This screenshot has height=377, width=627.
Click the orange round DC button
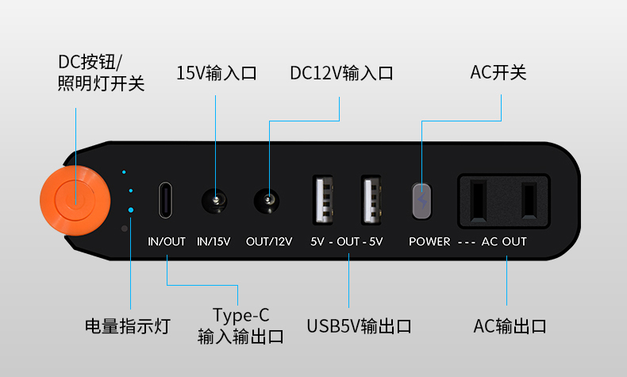click(75, 200)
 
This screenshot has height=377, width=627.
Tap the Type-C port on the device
click(166, 200)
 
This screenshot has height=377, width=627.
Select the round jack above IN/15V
click(214, 201)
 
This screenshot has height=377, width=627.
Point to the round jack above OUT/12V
click(267, 201)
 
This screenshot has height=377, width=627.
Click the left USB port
click(324, 200)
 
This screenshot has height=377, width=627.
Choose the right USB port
click(371, 200)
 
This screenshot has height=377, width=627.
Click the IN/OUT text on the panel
click(167, 242)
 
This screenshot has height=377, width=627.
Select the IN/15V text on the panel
click(214, 242)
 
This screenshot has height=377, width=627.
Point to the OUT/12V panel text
click(269, 242)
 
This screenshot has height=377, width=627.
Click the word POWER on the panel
click(429, 242)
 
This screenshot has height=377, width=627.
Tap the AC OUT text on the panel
click(504, 242)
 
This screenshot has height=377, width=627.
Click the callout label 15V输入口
click(217, 73)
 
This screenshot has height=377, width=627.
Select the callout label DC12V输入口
click(341, 73)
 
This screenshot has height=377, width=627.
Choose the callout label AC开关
click(498, 73)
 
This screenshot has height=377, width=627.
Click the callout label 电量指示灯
click(128, 326)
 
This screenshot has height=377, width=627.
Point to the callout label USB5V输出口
click(359, 326)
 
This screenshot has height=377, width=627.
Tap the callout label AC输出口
click(510, 326)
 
